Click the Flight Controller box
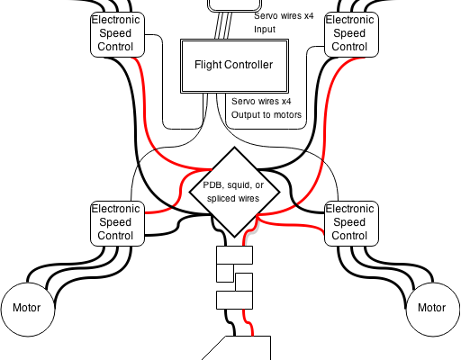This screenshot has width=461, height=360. [x=234, y=66]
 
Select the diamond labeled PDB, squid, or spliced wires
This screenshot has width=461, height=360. [x=234, y=192]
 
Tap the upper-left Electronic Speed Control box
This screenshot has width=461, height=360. [x=117, y=34]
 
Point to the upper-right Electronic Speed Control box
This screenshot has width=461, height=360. [x=351, y=34]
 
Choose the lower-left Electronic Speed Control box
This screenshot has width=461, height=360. [x=117, y=223]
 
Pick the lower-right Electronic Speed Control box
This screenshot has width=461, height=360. [x=351, y=223]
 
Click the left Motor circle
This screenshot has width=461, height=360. [x=28, y=309]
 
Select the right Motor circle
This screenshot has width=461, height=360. [x=433, y=309]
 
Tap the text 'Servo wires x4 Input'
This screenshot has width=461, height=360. [x=284, y=22]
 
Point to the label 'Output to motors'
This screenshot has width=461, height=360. [x=267, y=115]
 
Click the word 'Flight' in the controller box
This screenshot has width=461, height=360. [x=208, y=65]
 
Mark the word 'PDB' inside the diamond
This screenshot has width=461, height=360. [x=212, y=185]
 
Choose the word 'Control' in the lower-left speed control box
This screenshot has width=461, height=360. [x=115, y=236]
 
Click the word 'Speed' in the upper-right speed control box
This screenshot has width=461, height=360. [x=349, y=33]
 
